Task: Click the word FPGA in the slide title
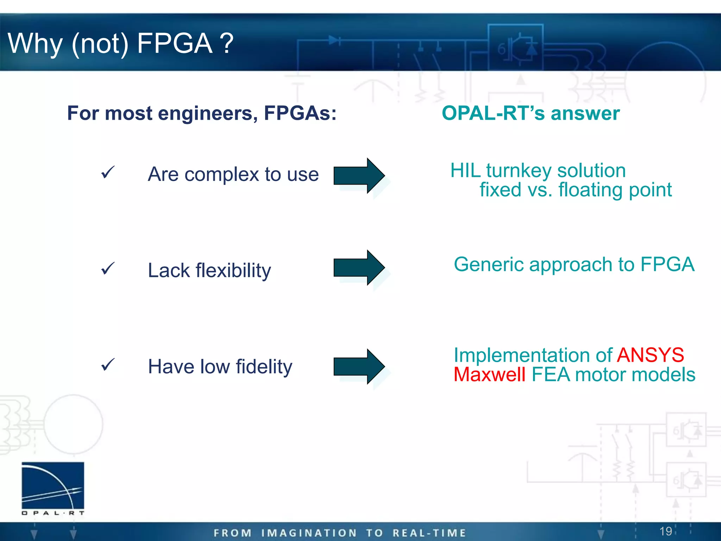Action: coord(175,44)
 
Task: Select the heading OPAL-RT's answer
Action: coord(531,113)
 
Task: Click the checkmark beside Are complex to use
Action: coord(108,173)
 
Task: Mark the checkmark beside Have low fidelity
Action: coord(108,365)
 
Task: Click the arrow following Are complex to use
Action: coord(359,175)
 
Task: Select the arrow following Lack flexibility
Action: coord(359,268)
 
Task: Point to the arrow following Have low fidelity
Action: coord(359,366)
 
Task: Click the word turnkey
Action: coord(519,171)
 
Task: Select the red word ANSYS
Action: coord(651,355)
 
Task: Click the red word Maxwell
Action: coord(489,374)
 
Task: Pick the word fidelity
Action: coord(264,367)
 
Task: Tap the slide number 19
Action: coord(665,531)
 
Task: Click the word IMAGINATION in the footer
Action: coord(309,533)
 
